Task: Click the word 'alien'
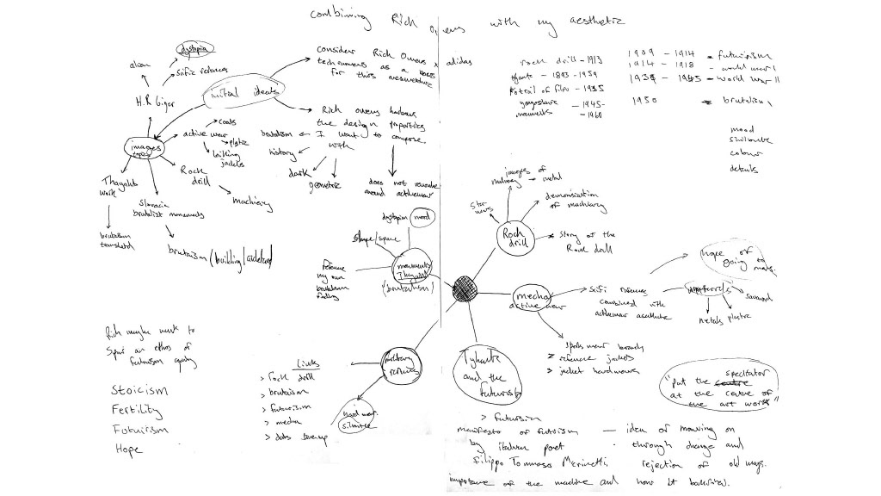pos(139,65)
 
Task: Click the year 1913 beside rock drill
pos(591,61)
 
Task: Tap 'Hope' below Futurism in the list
pos(129,449)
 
